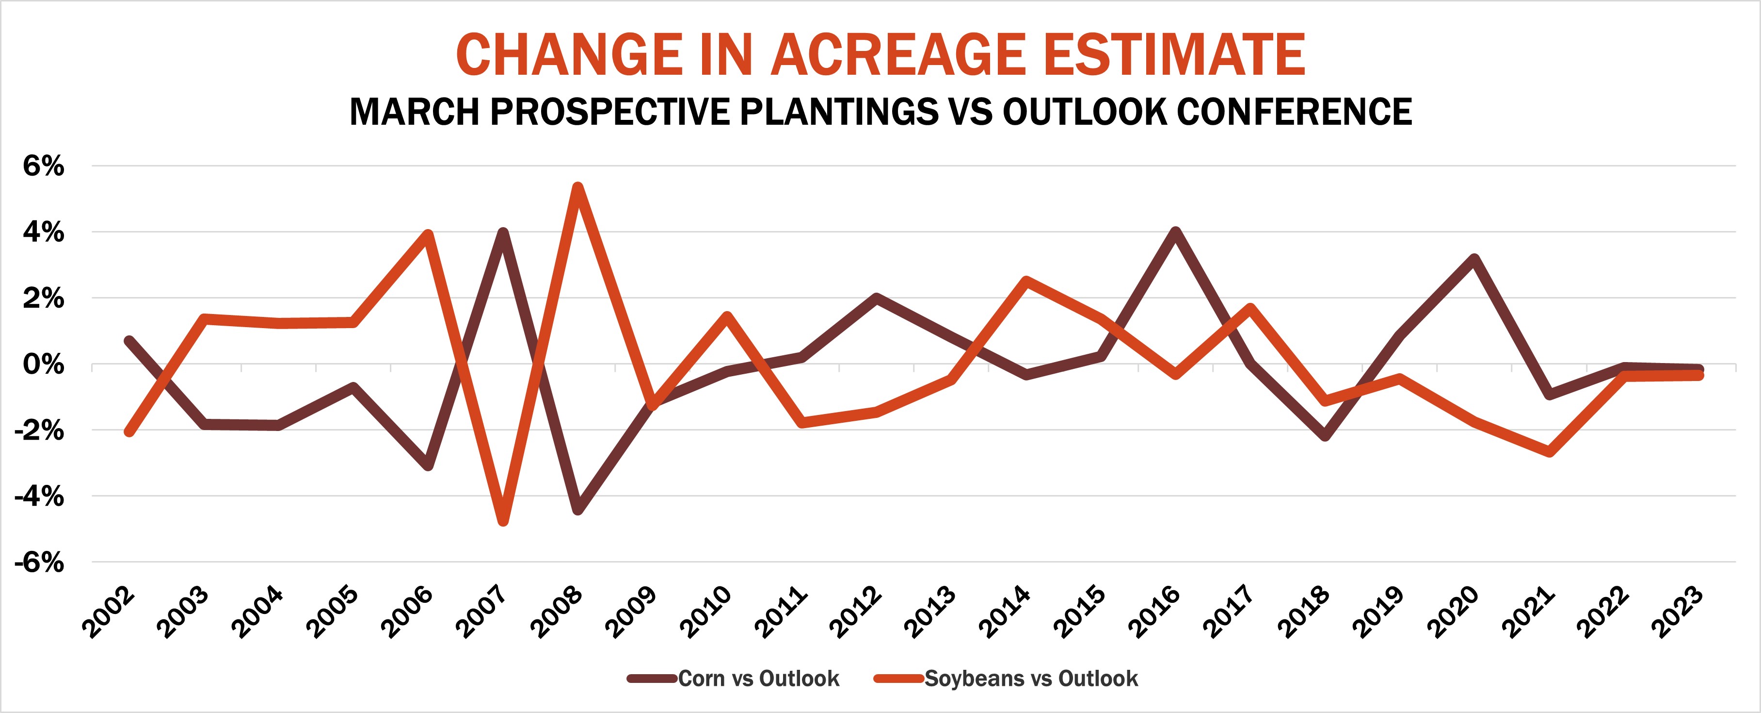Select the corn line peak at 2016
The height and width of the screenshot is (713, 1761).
1175,232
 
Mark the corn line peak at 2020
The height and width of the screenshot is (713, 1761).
1474,259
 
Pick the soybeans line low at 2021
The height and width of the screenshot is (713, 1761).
1549,451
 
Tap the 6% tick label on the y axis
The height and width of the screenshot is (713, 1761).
43,166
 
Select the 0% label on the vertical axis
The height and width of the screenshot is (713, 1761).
43,365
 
